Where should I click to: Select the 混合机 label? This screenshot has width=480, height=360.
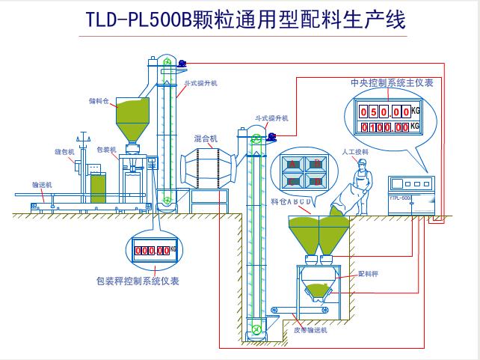pyautogui.click(x=205, y=138)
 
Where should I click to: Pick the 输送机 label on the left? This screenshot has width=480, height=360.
pyautogui.click(x=40, y=182)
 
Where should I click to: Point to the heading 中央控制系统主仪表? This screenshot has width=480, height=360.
pyautogui.click(x=391, y=82)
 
